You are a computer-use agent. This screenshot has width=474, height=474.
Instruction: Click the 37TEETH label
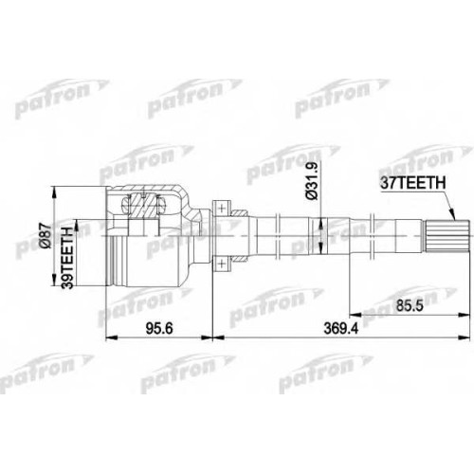click(413, 183)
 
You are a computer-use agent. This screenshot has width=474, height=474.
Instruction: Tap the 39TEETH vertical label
click(67, 258)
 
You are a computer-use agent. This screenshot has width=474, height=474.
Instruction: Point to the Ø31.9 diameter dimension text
click(312, 180)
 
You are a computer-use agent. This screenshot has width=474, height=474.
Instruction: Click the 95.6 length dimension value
click(159, 329)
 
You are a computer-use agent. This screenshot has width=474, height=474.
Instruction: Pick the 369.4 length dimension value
click(341, 329)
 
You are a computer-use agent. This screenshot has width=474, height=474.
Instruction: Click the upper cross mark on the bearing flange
click(221, 209)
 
